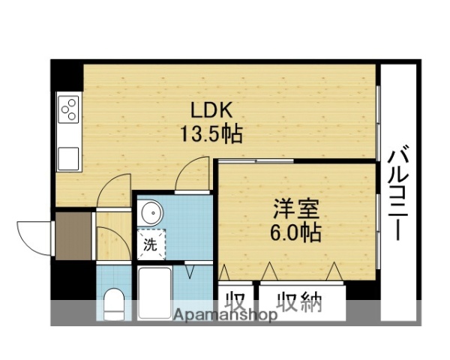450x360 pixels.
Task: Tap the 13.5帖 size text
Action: (x=210, y=135)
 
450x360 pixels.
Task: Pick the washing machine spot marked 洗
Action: (x=150, y=243)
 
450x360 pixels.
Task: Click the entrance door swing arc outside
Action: (x=34, y=237)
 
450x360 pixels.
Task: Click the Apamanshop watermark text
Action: (x=225, y=315)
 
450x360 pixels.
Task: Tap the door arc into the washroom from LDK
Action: (x=192, y=178)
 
